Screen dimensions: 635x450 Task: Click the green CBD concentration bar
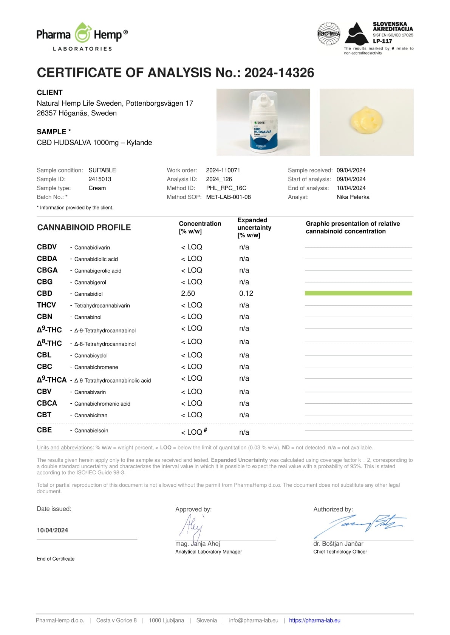pos(358,293)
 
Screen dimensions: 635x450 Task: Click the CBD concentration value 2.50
pos(188,294)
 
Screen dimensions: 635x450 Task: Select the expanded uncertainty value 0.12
pos(246,294)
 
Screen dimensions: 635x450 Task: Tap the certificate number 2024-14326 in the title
pos(279,73)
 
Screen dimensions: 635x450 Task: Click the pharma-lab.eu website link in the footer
pos(314,620)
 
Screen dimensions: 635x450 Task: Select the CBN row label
pos(45,317)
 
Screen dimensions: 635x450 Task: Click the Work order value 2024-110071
pos(223,170)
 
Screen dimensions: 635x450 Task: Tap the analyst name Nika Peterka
pos(353,197)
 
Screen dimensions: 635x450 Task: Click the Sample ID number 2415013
pos(100,179)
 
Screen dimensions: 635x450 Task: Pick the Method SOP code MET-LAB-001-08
pos(228,197)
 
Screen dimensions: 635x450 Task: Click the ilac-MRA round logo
pos(329,34)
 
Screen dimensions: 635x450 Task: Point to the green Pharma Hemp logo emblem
pos(82,33)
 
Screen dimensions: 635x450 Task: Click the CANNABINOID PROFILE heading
pos(84,228)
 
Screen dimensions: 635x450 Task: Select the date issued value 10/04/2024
pos(52,530)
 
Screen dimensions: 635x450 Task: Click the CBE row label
pos(44,430)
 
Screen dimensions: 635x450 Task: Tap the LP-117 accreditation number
pos(382,41)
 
